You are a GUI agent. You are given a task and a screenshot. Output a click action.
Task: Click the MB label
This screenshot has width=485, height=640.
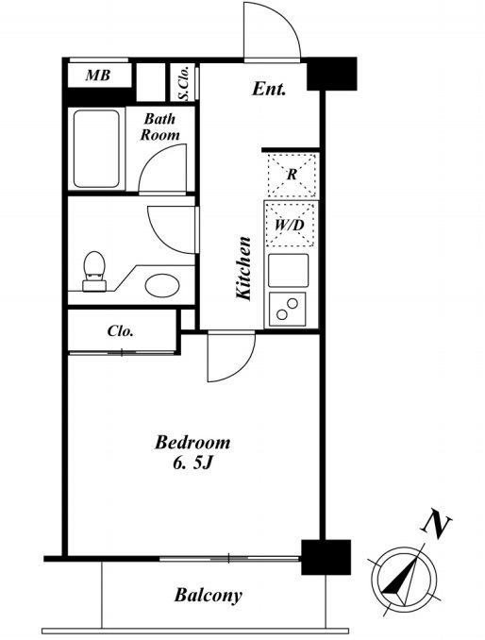(x=98, y=76)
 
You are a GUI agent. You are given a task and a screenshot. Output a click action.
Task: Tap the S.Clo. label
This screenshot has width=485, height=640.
(x=184, y=83)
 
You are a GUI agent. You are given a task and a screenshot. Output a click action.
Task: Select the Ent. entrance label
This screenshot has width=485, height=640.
(x=268, y=89)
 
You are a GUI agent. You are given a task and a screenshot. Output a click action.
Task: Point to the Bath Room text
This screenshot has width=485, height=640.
(x=159, y=126)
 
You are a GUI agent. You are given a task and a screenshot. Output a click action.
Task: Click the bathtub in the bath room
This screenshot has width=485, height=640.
(x=96, y=149)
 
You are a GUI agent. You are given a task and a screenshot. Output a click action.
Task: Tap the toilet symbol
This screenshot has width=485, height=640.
(x=94, y=271)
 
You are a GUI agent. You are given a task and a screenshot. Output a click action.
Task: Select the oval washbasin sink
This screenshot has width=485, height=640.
(x=162, y=285)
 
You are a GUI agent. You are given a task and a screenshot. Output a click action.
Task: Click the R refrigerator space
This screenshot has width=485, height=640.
(x=292, y=175)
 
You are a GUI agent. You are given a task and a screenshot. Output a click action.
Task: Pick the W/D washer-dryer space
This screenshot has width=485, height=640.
(x=290, y=225)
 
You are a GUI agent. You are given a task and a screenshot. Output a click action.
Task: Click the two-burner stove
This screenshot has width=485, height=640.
(x=287, y=309)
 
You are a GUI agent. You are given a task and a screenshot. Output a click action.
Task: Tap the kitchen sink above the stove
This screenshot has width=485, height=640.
(x=289, y=270)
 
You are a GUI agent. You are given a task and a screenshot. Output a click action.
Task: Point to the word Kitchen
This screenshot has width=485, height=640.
(x=243, y=268)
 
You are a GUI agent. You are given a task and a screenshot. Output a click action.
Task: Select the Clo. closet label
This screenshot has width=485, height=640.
(x=121, y=331)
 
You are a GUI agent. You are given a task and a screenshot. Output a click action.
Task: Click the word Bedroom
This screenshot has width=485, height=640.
(x=192, y=443)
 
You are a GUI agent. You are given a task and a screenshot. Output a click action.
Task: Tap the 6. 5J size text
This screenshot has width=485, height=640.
(x=193, y=463)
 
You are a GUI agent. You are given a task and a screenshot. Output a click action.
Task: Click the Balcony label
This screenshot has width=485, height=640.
(x=209, y=596)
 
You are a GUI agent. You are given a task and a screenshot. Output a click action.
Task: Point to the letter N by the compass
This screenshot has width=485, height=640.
(x=436, y=523)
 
